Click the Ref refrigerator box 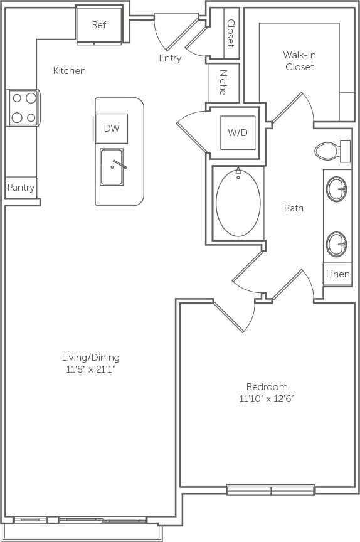98,26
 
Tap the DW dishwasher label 112,129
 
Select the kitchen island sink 112,167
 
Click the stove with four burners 24,108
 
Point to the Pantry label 21,188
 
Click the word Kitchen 69,71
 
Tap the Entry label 170,58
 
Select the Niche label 223,82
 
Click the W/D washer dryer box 238,133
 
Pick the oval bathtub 238,202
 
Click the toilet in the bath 328,151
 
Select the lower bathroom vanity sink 337,243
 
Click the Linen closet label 337,274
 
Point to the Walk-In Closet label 299,61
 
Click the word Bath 294,208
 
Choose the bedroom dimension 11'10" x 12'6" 267,398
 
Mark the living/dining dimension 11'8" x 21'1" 90,369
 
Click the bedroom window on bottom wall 270,489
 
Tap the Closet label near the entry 230,33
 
